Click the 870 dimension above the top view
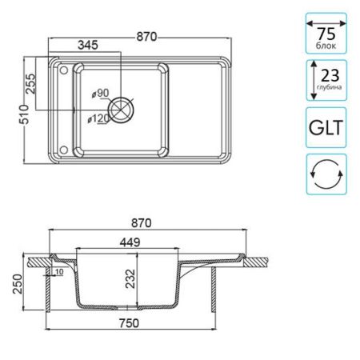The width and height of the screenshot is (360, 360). (145, 36)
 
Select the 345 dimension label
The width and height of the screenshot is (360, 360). (89, 46)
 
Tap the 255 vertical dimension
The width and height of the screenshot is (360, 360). (33, 83)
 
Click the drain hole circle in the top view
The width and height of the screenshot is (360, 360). (122, 107)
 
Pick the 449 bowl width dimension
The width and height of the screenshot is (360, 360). (130, 241)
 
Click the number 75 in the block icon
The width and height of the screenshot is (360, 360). (325, 34)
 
